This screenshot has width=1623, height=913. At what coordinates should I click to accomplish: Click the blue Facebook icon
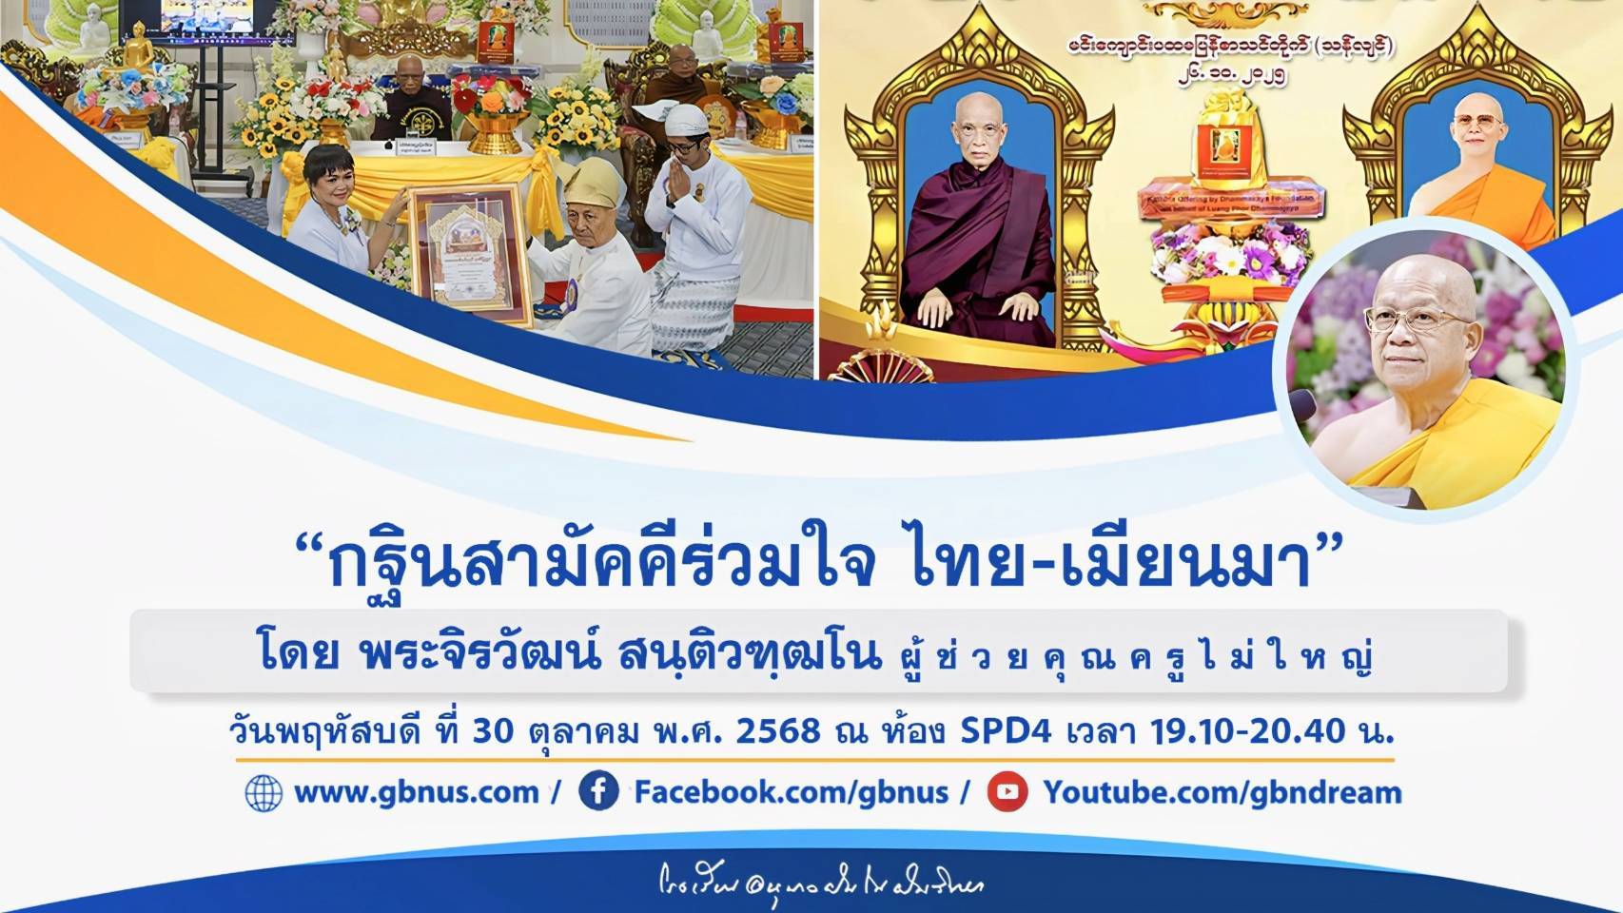598,792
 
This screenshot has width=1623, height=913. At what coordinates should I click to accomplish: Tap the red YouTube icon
1007,792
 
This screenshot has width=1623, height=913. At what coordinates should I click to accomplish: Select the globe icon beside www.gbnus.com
264,793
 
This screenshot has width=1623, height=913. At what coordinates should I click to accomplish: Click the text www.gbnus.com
417,792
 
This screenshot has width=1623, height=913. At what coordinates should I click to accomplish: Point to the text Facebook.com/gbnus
791,792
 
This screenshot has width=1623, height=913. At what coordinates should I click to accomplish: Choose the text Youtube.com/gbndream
1222,792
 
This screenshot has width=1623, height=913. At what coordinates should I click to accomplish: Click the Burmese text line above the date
1230,48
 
